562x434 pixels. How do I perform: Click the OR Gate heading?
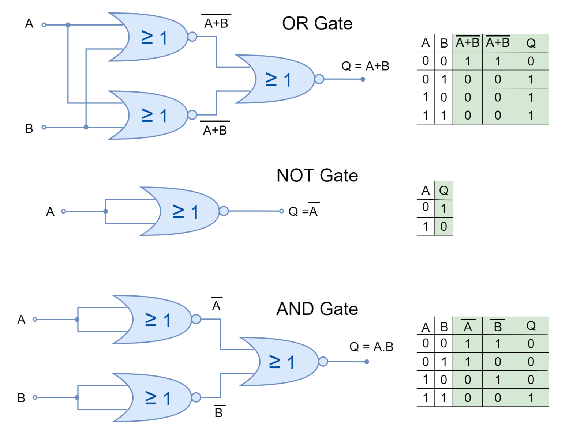317,23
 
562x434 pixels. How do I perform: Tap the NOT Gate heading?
317,176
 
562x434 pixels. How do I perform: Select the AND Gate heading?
317,309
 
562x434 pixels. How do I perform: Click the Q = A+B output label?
365,66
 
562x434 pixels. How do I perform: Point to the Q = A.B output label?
371,347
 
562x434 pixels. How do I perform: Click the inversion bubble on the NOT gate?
224,211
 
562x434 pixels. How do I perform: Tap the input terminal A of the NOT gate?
63,211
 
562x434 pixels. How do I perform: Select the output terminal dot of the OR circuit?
363,79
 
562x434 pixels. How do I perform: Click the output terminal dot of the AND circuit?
367,362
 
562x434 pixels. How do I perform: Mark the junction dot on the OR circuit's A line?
68,25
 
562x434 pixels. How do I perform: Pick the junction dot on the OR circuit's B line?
86,127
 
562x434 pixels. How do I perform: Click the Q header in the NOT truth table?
443,190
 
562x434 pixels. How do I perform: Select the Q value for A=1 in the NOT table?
443,227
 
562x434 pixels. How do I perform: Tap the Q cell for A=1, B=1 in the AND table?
531,398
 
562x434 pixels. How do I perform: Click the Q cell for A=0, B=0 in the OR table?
531,61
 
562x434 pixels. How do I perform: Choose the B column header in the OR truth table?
444,43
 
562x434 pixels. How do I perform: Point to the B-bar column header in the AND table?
498,326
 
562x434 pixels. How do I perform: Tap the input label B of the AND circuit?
21,398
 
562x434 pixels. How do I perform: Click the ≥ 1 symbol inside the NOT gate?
186,212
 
